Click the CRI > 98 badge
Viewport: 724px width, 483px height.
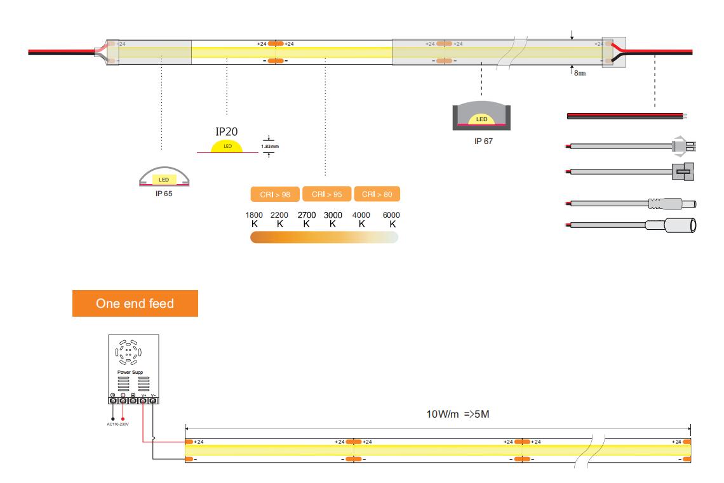[x=275, y=194]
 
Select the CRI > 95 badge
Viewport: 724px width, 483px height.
[x=326, y=194]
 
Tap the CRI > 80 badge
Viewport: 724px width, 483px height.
[x=377, y=194]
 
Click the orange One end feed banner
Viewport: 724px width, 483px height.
[x=135, y=303]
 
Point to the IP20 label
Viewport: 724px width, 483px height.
[x=226, y=131]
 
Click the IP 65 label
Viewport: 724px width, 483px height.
[x=164, y=193]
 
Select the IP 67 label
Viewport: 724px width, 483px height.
[x=483, y=142]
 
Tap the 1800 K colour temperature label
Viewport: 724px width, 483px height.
[x=254, y=220]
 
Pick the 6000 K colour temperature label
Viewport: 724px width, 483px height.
[x=391, y=220]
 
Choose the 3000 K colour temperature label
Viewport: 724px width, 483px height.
[x=333, y=220]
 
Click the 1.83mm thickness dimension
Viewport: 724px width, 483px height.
[x=270, y=146]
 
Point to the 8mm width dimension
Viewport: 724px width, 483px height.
[x=579, y=73]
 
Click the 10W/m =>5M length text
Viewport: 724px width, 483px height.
[x=457, y=415]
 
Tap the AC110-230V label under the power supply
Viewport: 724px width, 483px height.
[x=118, y=424]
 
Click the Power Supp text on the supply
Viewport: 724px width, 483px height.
[x=131, y=372]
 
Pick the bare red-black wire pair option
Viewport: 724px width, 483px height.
[x=626, y=116]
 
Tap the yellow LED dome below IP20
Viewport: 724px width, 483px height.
[x=227, y=147]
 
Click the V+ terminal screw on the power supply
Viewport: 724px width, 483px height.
[x=144, y=400]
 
